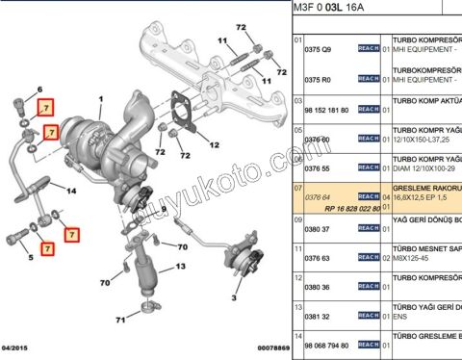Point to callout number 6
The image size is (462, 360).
coord(40,90)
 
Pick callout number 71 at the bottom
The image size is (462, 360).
coord(121,319)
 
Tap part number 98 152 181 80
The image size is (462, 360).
coord(323,110)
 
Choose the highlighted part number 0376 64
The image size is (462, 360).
coord(318,196)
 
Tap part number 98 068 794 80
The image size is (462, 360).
coord(323,346)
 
